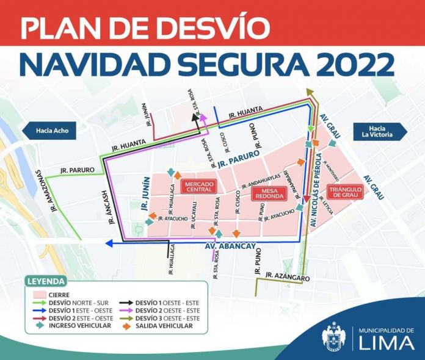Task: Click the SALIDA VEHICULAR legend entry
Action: pyautogui.click(x=162, y=326)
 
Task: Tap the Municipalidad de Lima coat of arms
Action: pyautogui.click(x=334, y=336)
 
